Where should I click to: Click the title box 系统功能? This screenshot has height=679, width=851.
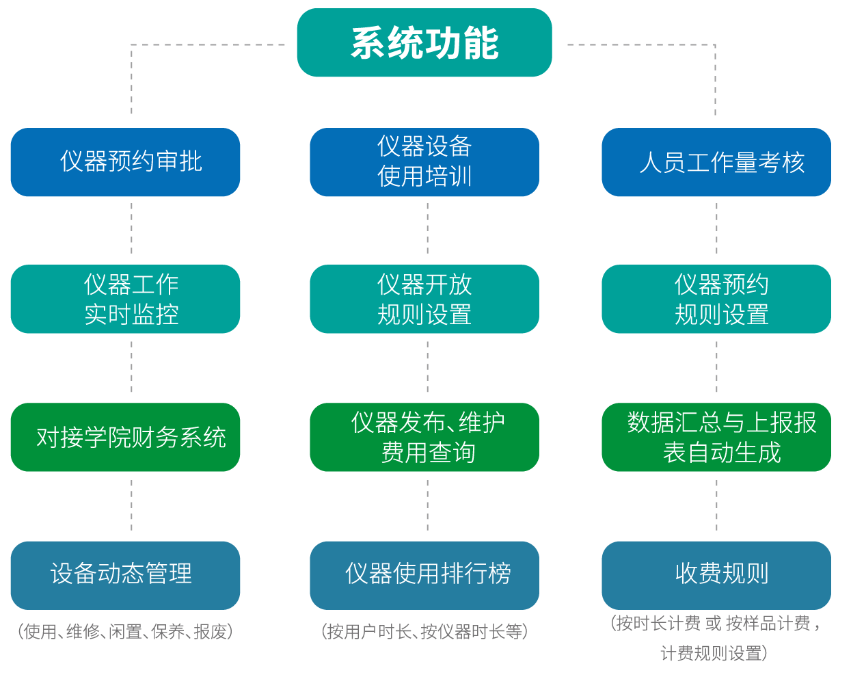click(x=424, y=42)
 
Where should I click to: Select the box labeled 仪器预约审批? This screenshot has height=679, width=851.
click(x=125, y=162)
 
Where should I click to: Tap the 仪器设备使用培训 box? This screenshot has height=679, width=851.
click(x=424, y=162)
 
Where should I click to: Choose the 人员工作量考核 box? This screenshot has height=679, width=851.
click(x=716, y=162)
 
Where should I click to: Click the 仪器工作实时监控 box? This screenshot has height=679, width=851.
click(x=125, y=299)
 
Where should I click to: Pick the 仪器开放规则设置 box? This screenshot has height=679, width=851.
click(x=424, y=299)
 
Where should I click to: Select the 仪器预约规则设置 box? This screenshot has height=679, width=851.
click(x=716, y=299)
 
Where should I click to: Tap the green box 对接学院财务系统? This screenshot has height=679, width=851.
click(x=125, y=437)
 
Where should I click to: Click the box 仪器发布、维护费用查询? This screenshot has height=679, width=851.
click(x=424, y=437)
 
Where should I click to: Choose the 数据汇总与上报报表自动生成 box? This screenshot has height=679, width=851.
click(x=716, y=437)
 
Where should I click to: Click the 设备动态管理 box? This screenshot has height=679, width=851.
click(x=125, y=575)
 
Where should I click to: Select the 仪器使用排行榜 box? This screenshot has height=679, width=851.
click(x=424, y=575)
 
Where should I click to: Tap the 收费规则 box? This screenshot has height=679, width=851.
click(x=716, y=575)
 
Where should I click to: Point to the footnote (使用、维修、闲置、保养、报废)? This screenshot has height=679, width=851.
click(x=125, y=631)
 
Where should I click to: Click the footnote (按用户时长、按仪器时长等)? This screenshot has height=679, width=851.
click(x=424, y=631)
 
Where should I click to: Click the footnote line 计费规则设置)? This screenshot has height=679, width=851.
click(x=714, y=654)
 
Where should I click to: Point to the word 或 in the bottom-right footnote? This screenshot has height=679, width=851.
click(x=713, y=623)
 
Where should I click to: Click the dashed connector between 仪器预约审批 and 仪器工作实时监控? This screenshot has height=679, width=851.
click(x=131, y=230)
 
